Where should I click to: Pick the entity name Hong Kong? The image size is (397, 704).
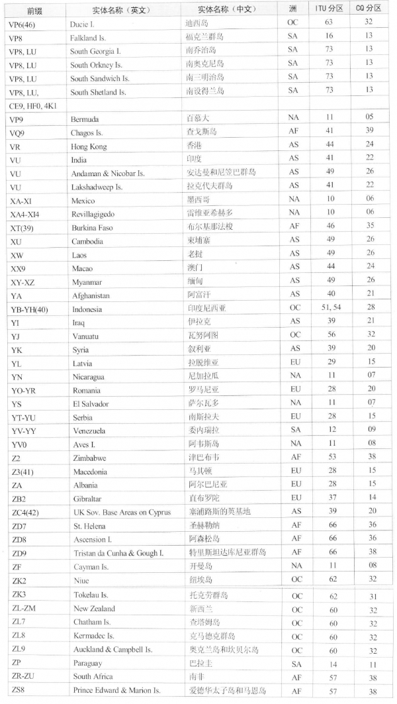(88, 146)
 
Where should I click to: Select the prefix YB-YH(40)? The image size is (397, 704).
(30, 309)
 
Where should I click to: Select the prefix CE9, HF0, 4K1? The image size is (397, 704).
(33, 105)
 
